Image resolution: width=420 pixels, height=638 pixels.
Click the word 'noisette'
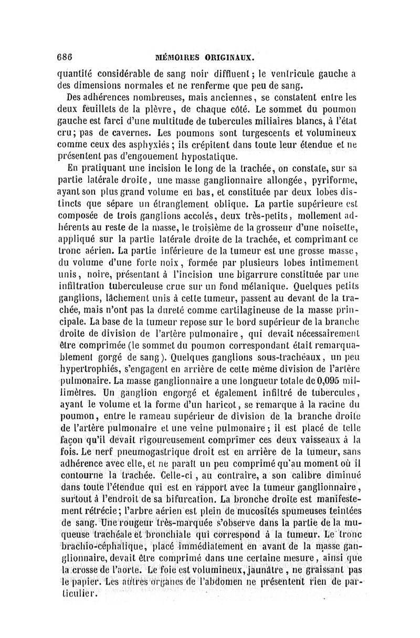[338, 226]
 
